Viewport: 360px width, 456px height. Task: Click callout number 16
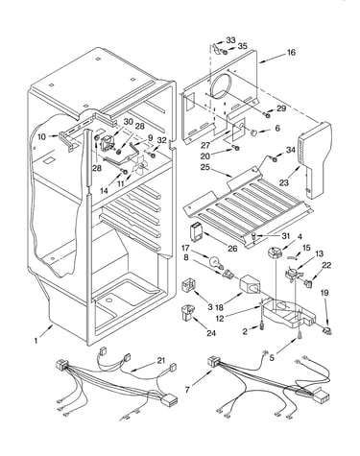291,52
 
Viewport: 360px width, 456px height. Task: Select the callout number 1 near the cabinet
36,341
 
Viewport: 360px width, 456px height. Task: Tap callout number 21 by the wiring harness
161,361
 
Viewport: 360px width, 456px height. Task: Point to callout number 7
188,390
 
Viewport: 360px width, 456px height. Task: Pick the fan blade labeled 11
139,165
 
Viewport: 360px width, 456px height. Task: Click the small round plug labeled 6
254,132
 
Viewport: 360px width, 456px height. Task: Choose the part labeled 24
187,312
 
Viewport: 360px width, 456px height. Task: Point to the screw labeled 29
267,114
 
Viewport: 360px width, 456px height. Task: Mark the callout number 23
284,182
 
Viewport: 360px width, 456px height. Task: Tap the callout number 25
205,167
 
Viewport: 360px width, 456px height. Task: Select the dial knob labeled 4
275,252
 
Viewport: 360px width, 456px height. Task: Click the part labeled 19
326,331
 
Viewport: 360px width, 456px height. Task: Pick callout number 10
42,136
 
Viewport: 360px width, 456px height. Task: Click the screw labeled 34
275,157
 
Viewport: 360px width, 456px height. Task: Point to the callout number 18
219,307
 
